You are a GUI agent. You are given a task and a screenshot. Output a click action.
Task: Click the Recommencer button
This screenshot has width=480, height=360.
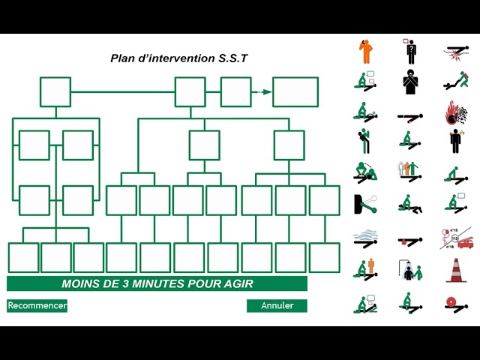point(37,305)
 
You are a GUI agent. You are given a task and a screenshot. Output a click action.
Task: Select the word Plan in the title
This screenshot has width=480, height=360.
point(123,58)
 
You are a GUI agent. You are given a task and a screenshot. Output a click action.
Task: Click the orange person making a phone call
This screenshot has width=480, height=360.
point(366,52)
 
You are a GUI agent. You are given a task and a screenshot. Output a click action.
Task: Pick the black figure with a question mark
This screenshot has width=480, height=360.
point(410,51)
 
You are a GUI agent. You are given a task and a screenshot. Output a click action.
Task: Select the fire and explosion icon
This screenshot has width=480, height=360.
point(455,113)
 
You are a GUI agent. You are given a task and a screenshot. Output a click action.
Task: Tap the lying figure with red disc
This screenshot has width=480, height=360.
point(454,303)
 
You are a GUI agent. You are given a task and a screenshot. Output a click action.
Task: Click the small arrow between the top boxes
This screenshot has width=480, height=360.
point(262,92)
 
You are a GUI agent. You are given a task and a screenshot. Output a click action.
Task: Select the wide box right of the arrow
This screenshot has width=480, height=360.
point(295,92)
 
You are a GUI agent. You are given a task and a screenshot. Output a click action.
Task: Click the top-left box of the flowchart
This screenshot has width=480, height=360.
point(55,92)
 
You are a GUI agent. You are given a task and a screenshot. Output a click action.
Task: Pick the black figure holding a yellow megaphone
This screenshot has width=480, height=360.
point(364,141)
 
